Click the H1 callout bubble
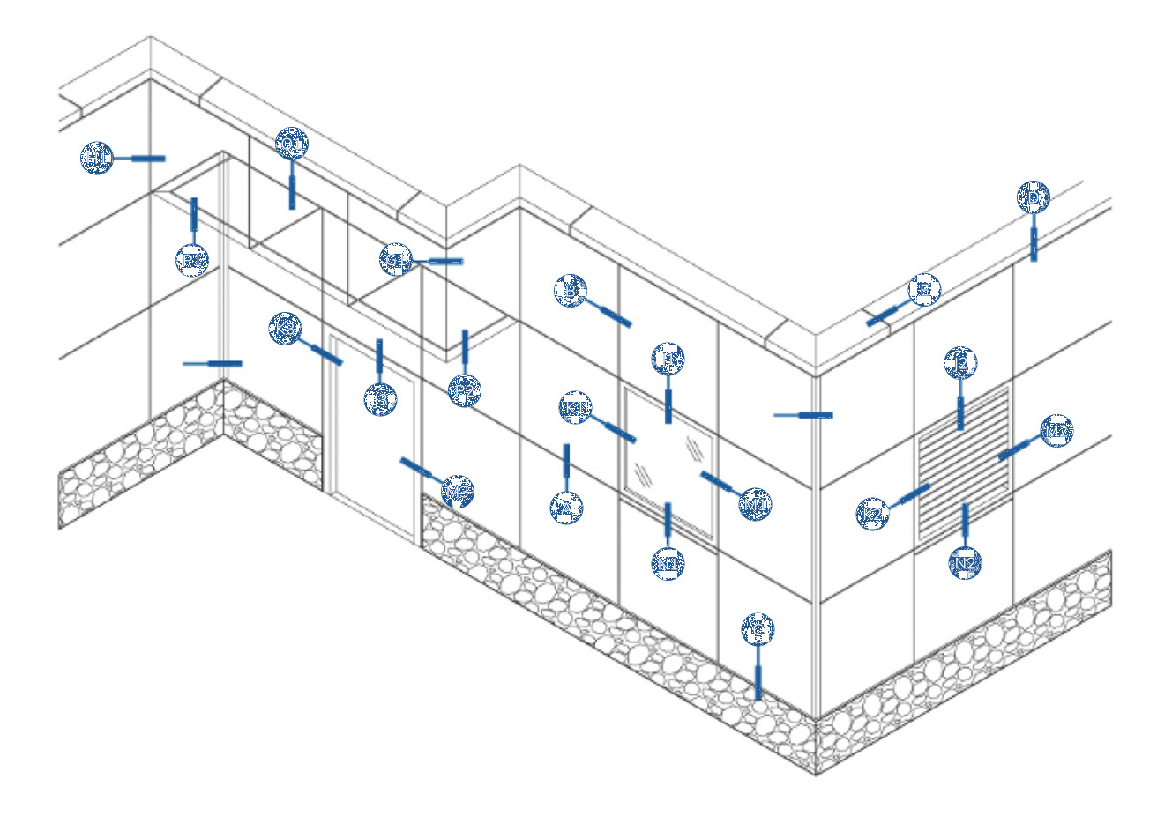[x=97, y=159]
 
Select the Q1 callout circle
[x=291, y=143]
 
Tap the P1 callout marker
[x=192, y=260]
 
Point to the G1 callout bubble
[x=396, y=260]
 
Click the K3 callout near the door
[x=285, y=329]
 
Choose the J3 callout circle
[x=380, y=399]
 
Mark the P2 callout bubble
[x=464, y=390]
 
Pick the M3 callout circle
[x=458, y=491]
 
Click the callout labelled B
[x=571, y=290]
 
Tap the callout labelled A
[x=566, y=508]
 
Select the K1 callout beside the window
[x=575, y=408]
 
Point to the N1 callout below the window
[x=668, y=561]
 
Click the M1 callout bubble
[x=756, y=504]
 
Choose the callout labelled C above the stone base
[x=758, y=629]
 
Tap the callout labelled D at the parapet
[x=1033, y=198]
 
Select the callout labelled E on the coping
[x=924, y=289]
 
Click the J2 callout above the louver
[x=960, y=363]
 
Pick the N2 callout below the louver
[x=966, y=562]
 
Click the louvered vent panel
[x=963, y=463]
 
